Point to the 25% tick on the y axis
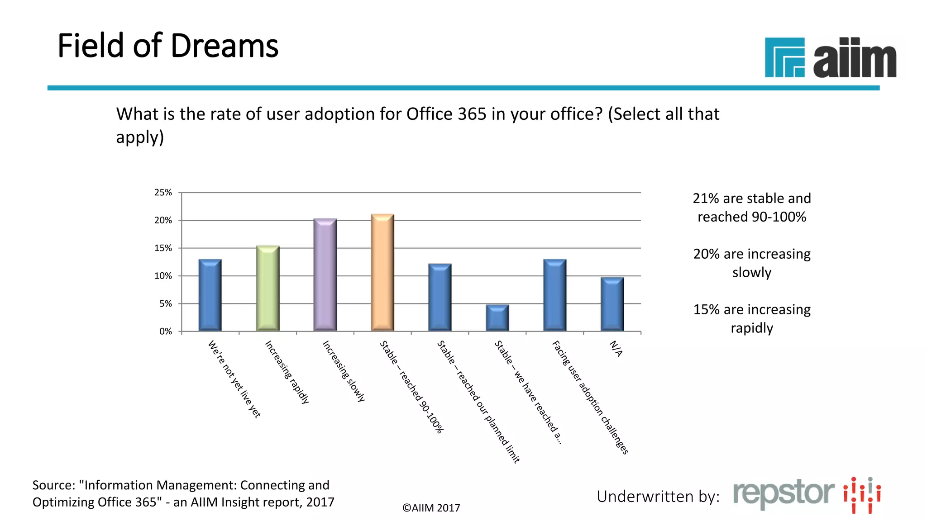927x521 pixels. (163, 193)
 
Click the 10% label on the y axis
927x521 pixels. (163, 276)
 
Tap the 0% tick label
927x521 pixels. (166, 332)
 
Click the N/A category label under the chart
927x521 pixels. (616, 349)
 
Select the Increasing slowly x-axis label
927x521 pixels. (344, 371)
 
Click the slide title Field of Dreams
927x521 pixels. (168, 46)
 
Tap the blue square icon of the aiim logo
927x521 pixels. (784, 57)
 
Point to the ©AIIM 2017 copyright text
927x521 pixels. (431, 508)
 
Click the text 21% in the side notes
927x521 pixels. (705, 199)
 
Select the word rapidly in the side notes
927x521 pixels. (752, 328)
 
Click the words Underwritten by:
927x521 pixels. (658, 497)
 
